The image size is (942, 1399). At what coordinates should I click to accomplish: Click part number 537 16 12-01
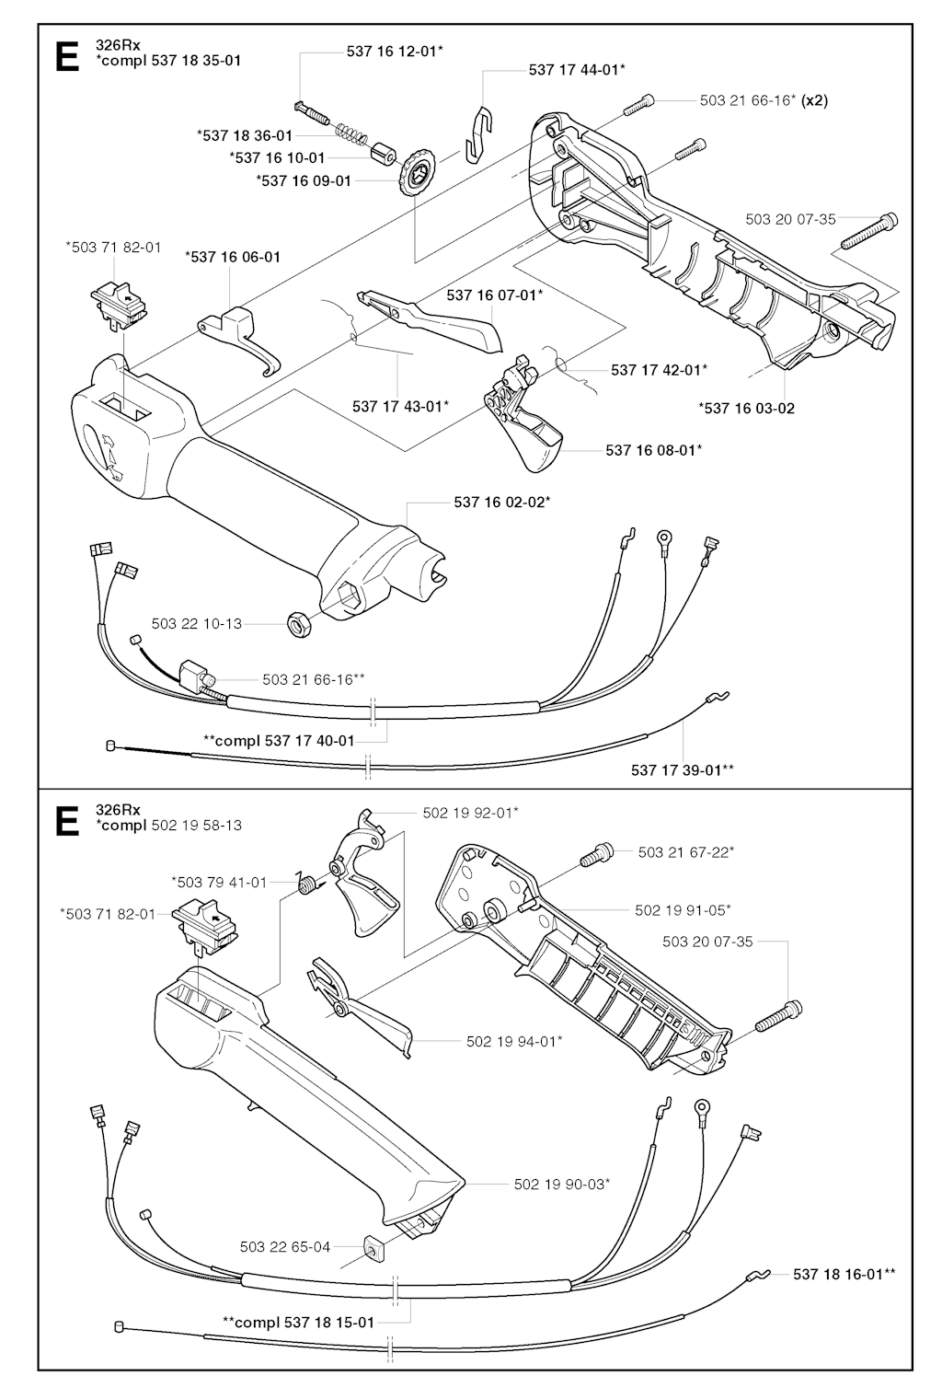click(395, 52)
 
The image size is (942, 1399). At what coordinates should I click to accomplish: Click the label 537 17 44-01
click(577, 69)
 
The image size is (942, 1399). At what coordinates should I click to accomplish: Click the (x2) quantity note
click(814, 100)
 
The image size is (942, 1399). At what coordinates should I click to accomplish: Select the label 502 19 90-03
click(562, 1185)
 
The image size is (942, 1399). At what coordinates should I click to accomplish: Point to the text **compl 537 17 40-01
click(279, 741)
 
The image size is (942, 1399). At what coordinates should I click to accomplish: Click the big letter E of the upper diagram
click(67, 55)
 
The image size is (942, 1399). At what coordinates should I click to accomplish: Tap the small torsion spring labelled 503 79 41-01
click(306, 884)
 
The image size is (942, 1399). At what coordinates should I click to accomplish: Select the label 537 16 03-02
click(747, 409)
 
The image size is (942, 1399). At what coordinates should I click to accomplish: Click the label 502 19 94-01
click(514, 1041)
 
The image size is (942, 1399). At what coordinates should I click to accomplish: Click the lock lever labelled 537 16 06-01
click(240, 341)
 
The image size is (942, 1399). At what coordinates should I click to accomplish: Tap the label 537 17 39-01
click(683, 770)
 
